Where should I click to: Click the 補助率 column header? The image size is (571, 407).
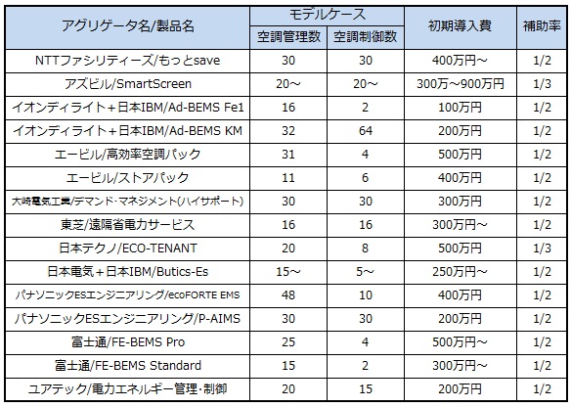tap(542, 26)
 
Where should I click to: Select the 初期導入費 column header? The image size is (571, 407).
tap(460, 26)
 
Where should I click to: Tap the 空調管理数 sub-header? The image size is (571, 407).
tap(288, 37)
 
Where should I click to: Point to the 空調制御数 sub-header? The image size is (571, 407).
tap(366, 37)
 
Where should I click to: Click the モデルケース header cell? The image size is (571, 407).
tap(327, 15)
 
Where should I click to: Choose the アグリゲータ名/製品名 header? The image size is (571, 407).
tap(128, 26)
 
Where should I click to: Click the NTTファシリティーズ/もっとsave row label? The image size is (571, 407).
tap(128, 60)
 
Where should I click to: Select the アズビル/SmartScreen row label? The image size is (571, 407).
tap(128, 84)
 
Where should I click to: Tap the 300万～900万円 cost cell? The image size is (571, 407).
tap(461, 84)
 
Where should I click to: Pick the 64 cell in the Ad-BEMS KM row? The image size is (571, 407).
tap(366, 131)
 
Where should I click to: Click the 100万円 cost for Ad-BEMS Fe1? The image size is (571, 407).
tap(460, 108)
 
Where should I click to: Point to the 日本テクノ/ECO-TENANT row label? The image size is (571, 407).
tap(128, 249)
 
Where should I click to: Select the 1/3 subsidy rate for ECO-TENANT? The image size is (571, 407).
tap(542, 249)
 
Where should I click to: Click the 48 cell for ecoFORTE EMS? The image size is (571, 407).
tap(288, 295)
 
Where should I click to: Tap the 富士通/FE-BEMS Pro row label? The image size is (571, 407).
tap(128, 342)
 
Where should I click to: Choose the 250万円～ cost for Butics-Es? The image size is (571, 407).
tap(460, 272)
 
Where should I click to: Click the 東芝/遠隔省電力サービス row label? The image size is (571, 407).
tap(128, 225)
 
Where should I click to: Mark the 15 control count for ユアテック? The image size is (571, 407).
tap(366, 389)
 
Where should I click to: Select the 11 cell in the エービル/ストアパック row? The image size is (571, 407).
tap(288, 178)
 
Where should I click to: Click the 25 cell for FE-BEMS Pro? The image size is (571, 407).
tap(288, 342)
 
